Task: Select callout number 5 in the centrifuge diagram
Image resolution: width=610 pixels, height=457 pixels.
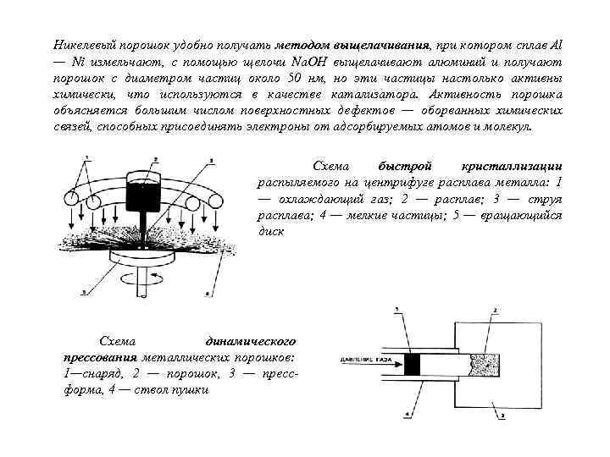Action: point(83,292)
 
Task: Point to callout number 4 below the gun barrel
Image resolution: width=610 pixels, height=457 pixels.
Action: point(408,414)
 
